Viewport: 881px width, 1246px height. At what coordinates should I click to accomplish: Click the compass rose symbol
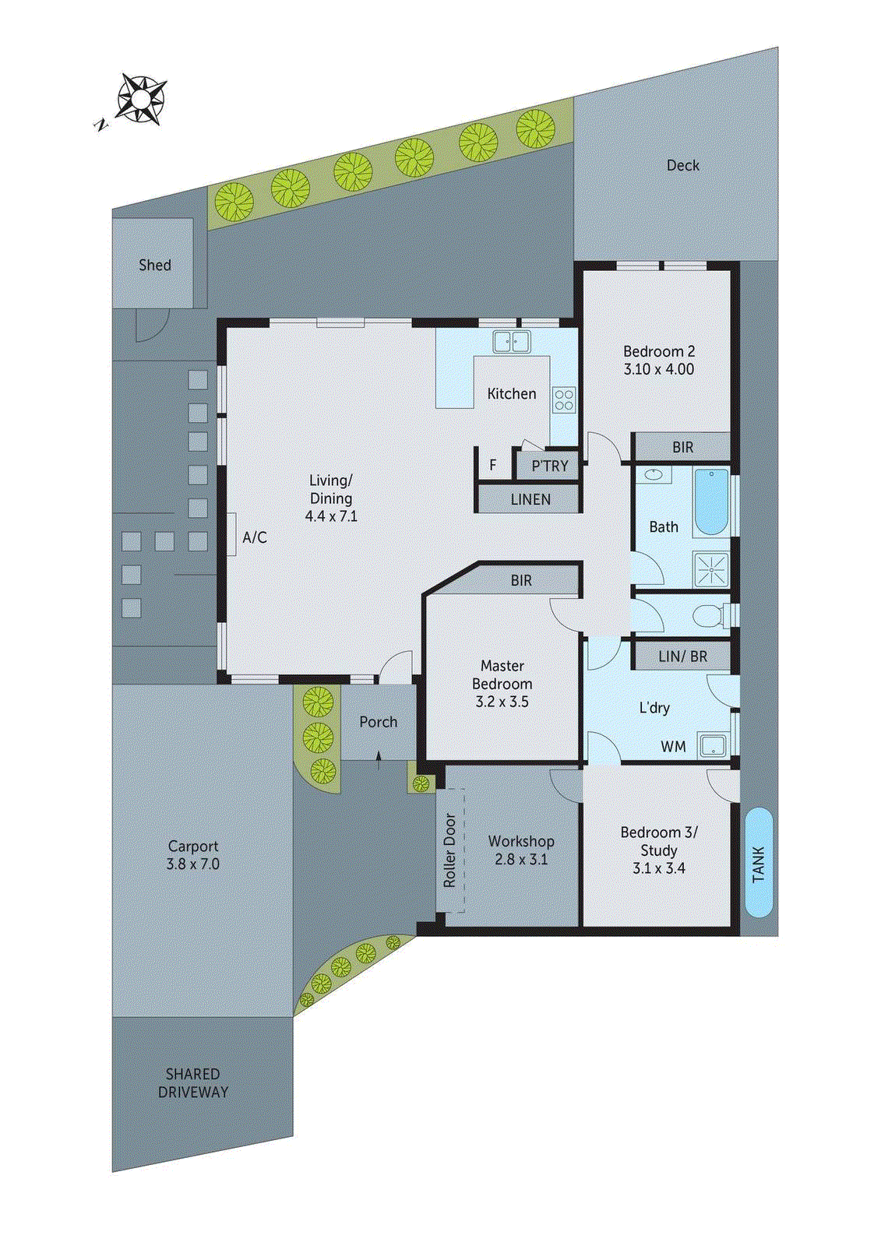(140, 99)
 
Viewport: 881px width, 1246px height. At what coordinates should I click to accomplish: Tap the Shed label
(154, 265)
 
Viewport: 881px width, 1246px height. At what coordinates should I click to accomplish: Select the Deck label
(682, 165)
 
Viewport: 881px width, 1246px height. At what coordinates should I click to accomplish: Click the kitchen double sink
(511, 341)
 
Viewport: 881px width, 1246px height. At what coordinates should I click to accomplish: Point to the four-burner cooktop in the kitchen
(564, 400)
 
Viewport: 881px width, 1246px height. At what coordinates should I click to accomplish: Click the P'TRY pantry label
(549, 466)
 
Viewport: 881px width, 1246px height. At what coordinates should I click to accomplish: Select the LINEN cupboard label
(530, 499)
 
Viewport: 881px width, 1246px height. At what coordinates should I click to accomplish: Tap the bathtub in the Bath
(710, 502)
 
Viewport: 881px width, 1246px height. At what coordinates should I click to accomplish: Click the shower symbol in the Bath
(711, 569)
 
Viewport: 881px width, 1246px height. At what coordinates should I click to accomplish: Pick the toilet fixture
(709, 616)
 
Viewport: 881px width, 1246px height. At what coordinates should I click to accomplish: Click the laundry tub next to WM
(713, 745)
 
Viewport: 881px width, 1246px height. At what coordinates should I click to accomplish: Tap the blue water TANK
(759, 862)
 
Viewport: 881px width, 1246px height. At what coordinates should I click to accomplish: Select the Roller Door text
(449, 850)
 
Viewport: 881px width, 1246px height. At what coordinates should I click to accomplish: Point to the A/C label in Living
(255, 537)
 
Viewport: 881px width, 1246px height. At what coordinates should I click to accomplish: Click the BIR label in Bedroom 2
(682, 447)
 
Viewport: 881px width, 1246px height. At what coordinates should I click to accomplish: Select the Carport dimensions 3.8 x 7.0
(192, 864)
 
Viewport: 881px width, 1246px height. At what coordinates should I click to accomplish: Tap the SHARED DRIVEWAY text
(192, 1083)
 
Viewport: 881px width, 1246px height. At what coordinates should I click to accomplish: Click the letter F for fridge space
(493, 466)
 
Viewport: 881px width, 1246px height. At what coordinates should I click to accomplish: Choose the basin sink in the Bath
(654, 474)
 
